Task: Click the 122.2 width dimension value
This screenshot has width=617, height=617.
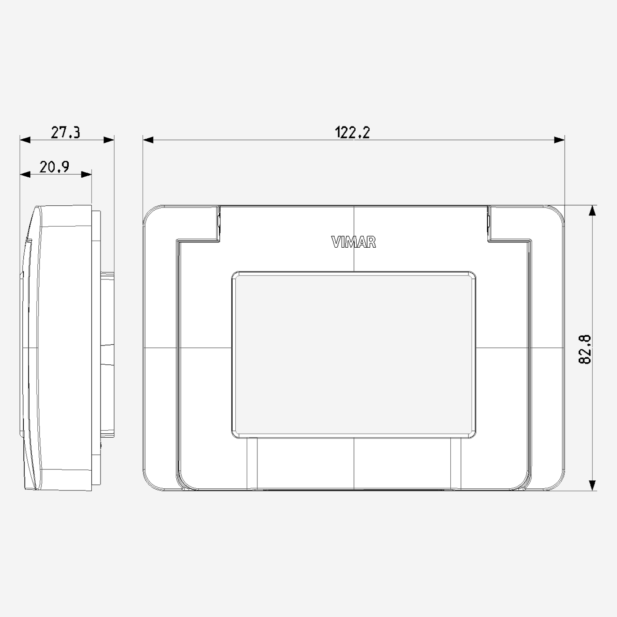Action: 352,132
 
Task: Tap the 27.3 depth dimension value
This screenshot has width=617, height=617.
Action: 65,132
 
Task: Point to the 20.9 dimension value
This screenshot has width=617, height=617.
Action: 54,167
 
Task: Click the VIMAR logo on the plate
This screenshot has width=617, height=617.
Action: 353,242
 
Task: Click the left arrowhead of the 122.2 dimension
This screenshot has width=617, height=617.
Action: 148,140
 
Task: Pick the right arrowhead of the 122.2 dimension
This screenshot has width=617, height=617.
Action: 559,140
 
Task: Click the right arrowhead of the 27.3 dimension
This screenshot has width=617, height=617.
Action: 109,140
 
